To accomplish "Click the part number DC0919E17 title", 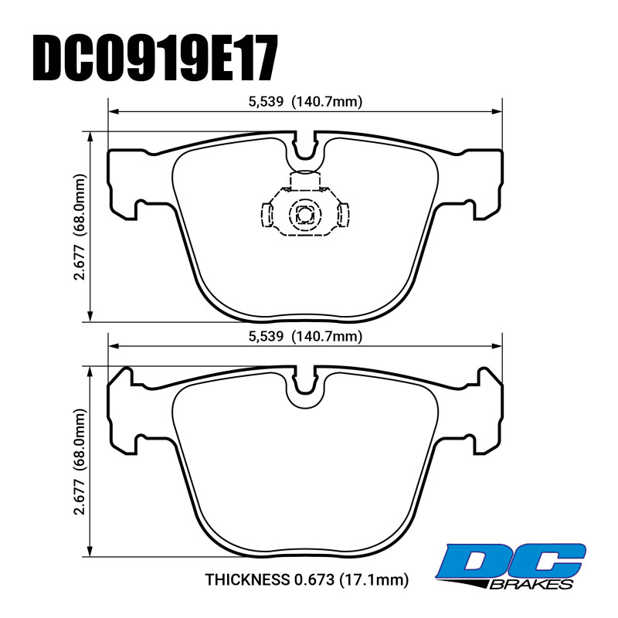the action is click(155, 57).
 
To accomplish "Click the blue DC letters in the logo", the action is click(513, 562).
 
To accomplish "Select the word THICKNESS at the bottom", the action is click(247, 579).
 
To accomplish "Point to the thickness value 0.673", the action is click(314, 579).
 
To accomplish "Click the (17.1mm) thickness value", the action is click(374, 580).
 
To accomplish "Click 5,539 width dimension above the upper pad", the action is click(266, 102).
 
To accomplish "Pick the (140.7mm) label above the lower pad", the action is click(327, 337).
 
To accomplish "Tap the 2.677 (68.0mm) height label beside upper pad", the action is click(80, 226).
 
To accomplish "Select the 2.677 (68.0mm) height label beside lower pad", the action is click(80, 461).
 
